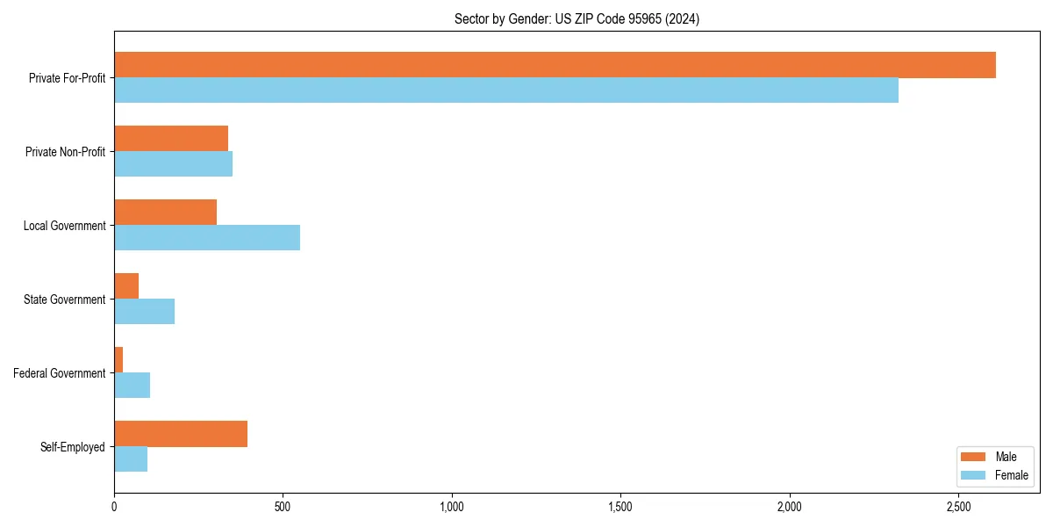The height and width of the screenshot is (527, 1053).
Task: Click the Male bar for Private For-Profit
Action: [x=555, y=65]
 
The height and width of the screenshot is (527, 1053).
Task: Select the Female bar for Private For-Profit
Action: [x=506, y=90]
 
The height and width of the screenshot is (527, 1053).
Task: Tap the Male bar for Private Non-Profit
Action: [x=171, y=139]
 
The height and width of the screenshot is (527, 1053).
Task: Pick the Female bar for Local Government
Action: [x=207, y=238]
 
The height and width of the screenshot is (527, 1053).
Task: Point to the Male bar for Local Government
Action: [x=165, y=213]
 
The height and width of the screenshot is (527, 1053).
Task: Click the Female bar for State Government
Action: [x=144, y=312]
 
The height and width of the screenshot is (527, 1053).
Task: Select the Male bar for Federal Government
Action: [x=118, y=360]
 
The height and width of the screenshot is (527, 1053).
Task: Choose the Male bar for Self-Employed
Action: [x=181, y=434]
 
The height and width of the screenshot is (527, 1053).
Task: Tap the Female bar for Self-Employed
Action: [x=131, y=459]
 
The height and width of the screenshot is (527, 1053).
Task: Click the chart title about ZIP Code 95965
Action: [x=577, y=19]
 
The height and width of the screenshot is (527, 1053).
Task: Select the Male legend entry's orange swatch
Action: [x=973, y=457]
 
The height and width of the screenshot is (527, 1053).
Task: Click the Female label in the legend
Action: [x=1011, y=475]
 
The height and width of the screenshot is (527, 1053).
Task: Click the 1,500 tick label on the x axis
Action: [x=620, y=507]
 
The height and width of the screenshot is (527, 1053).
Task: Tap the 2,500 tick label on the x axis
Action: [x=958, y=507]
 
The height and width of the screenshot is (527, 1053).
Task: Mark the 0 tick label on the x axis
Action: [x=114, y=507]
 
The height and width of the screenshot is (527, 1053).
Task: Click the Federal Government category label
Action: [x=60, y=373]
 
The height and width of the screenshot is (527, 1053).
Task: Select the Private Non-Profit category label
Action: [x=65, y=152]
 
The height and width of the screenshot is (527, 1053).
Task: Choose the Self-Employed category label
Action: [x=73, y=447]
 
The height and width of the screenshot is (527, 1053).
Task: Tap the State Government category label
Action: [x=64, y=300]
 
